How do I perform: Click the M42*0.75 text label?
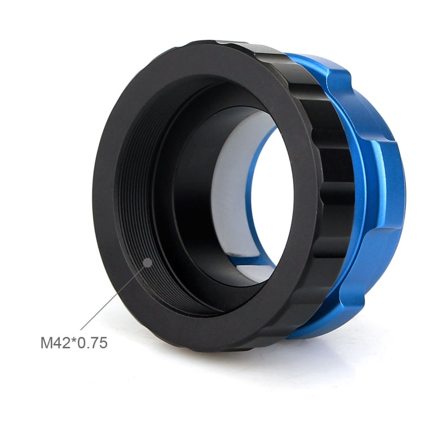(73, 342)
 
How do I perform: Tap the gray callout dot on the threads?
(147, 262)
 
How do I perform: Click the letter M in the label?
(46, 342)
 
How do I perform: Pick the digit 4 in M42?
(56, 342)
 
